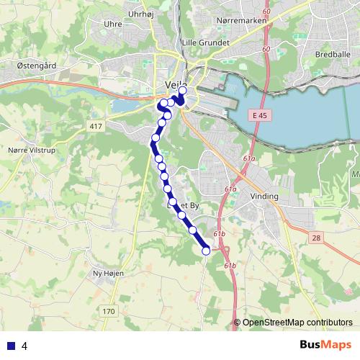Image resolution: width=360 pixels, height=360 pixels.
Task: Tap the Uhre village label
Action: pyautogui.click(x=112, y=24)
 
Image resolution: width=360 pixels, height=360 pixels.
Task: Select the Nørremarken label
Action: pyautogui.click(x=241, y=20)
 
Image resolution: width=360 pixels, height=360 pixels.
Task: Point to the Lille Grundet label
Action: pyautogui.click(x=206, y=42)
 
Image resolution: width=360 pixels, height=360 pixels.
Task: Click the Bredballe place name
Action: pyautogui.click(x=332, y=53)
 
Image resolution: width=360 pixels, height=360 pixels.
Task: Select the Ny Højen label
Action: pyautogui.click(x=109, y=274)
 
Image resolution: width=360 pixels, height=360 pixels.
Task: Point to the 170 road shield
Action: pyautogui.click(x=109, y=311)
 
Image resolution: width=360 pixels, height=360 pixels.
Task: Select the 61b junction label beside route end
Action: pyautogui.click(x=220, y=235)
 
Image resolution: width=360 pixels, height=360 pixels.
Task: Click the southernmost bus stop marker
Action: pyautogui.click(x=206, y=251)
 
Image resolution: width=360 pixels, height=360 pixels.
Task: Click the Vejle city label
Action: pyautogui.click(x=175, y=84)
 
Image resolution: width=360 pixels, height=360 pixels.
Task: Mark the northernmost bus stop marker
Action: pyautogui.click(x=182, y=91)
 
